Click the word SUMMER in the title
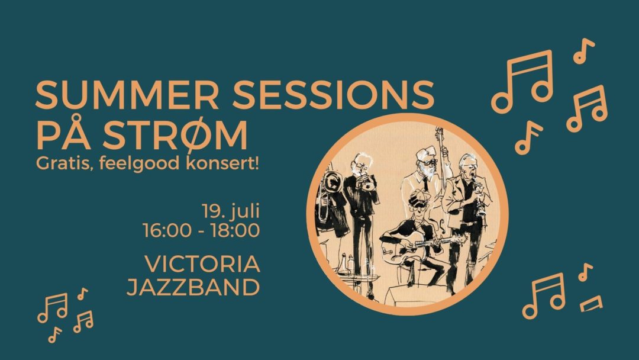pyautogui.click(x=127, y=95)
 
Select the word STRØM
pyautogui.click(x=175, y=135)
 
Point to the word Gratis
pyautogui.click(x=62, y=163)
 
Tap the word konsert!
pyautogui.click(x=222, y=163)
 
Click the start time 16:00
pyautogui.click(x=167, y=230)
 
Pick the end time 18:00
pyautogui.click(x=235, y=230)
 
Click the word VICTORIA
pyautogui.click(x=202, y=263)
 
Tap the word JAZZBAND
pyautogui.click(x=193, y=287)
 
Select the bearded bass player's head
pyautogui.click(x=425, y=161)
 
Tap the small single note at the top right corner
pyautogui.click(x=583, y=51)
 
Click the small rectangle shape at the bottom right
pyautogui.click(x=591, y=304)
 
